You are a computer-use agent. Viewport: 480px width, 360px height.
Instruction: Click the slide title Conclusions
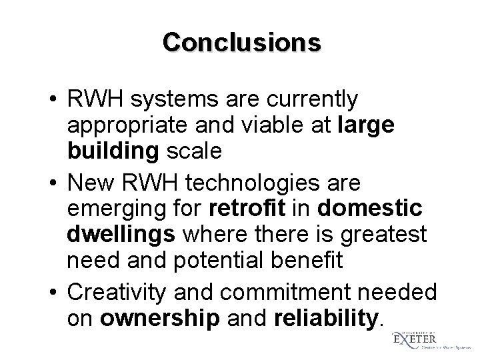[241, 42]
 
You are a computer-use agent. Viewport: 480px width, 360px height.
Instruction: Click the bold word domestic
[371, 207]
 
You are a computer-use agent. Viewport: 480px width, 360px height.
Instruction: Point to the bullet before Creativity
[53, 290]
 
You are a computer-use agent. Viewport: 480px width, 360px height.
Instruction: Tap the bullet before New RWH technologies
[53, 181]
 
